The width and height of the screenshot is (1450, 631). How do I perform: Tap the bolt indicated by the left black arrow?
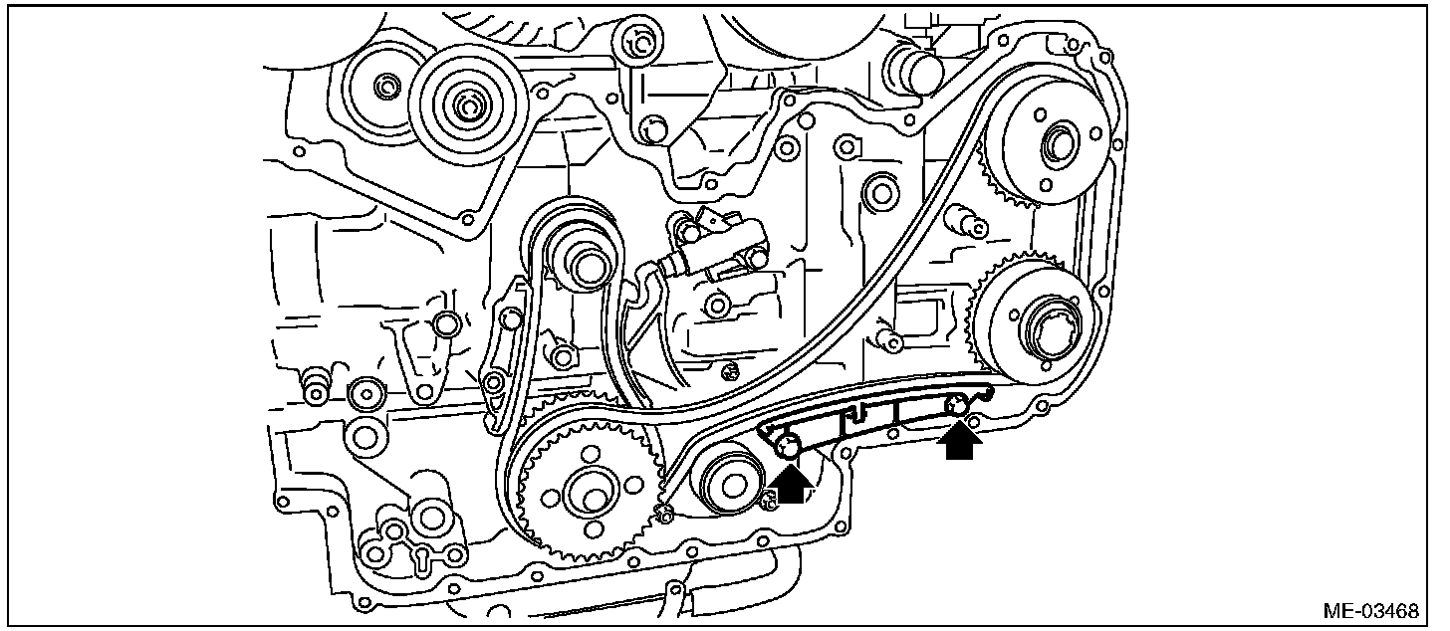787,449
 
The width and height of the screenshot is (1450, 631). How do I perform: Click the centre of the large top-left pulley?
465,102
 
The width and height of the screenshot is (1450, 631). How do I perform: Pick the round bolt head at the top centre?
632,41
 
